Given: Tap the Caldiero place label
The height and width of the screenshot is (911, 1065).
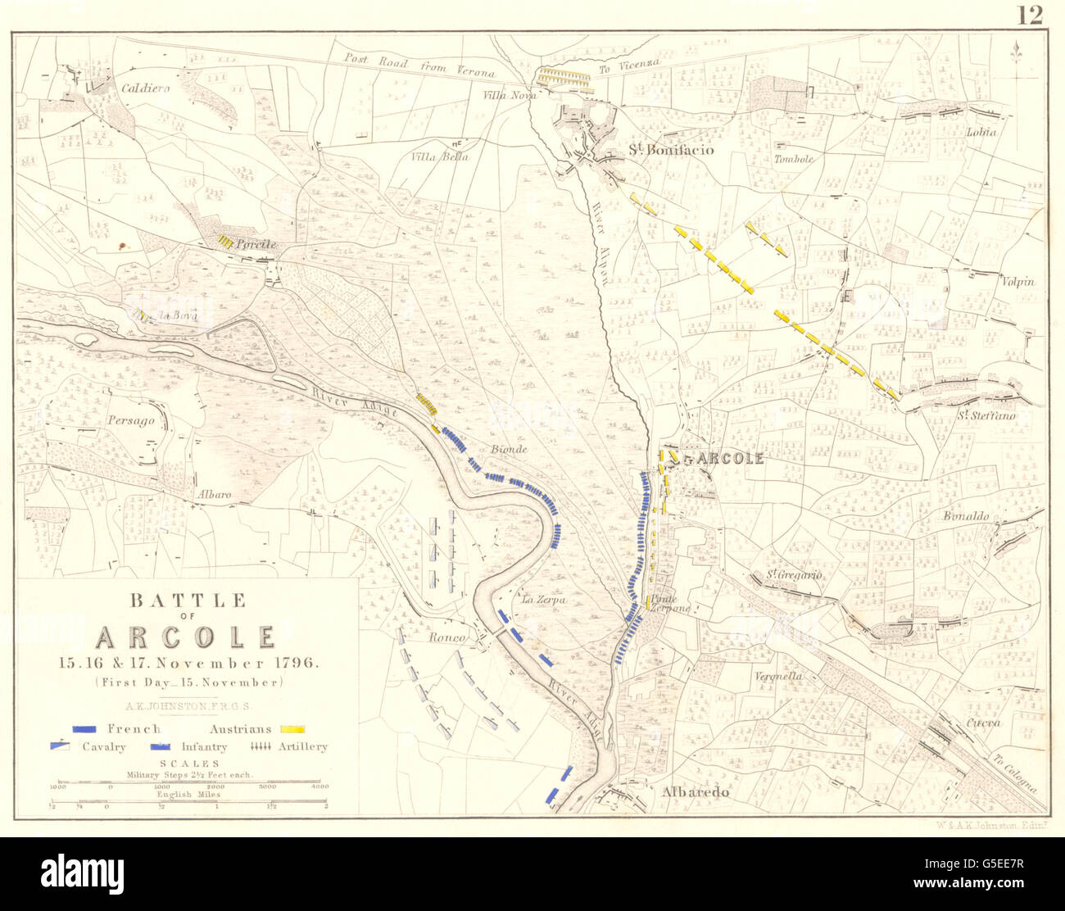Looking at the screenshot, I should pos(146,88).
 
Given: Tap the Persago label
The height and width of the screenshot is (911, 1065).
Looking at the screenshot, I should pos(130,419).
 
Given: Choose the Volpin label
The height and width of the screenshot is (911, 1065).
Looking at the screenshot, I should pos(1017,282).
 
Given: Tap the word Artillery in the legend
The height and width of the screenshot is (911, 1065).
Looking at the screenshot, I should pos(302,746).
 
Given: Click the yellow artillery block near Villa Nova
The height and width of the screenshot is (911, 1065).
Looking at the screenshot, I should pos(564,77).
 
